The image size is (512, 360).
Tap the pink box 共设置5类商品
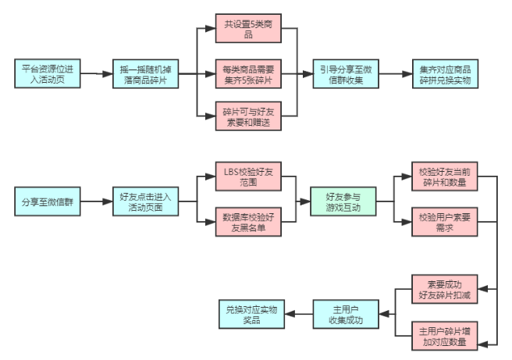pos(247,29)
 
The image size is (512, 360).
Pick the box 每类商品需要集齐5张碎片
pos(247,74)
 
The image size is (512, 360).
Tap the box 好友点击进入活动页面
pos(144,201)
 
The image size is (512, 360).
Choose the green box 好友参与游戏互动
pos(341,201)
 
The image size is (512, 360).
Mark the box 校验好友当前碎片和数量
pos(443,177)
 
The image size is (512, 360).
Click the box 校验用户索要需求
pos(443,222)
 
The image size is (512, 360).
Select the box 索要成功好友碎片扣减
pos(443,290)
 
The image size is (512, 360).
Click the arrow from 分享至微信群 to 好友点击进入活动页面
pos(96,201)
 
